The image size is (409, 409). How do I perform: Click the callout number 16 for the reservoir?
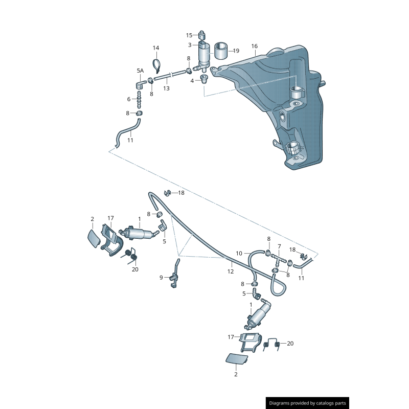(x=255, y=47)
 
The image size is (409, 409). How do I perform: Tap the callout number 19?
(x=236, y=51)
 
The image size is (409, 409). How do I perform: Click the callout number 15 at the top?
(x=189, y=35)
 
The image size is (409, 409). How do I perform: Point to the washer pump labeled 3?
(x=204, y=55)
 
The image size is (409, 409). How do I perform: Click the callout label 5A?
(x=140, y=71)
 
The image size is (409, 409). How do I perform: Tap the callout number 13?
(x=166, y=88)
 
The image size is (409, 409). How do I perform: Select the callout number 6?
(x=129, y=99)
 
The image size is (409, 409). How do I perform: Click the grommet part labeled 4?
(x=204, y=79)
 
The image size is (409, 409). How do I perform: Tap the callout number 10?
(x=239, y=253)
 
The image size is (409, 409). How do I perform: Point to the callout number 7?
(x=279, y=246)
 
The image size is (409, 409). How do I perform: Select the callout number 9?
(x=161, y=278)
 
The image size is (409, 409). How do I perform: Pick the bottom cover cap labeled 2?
(x=237, y=358)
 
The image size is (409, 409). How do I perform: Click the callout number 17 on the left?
(x=110, y=218)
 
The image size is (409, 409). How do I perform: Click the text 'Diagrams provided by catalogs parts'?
(x=308, y=403)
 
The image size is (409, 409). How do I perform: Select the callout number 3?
(x=189, y=45)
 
